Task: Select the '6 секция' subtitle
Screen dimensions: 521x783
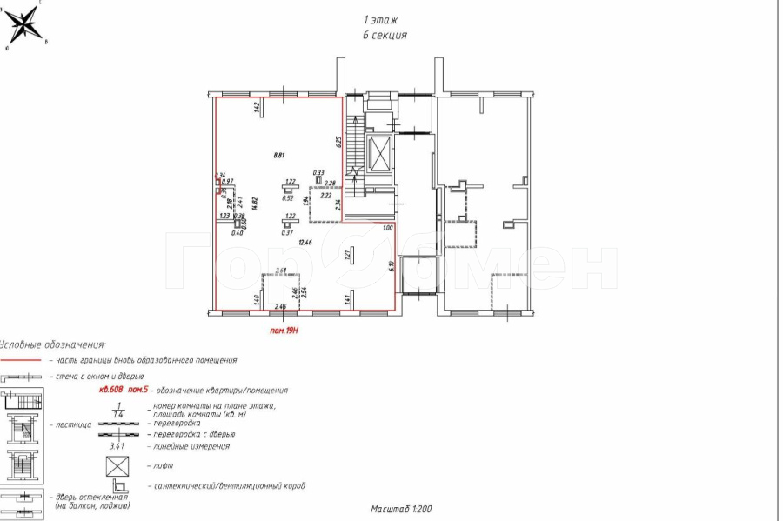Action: point(385,36)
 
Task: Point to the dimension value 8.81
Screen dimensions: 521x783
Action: point(279,156)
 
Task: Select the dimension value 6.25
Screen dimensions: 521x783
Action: point(339,143)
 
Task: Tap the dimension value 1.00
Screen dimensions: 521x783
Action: point(388,228)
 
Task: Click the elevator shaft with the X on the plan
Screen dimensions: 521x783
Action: point(380,153)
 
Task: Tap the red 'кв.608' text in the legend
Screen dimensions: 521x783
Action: point(113,391)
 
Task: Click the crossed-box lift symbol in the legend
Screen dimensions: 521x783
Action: point(117,465)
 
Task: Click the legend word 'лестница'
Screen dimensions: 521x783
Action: point(73,425)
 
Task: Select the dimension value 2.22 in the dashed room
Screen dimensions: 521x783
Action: point(326,197)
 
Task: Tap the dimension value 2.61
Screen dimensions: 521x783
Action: point(281,271)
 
